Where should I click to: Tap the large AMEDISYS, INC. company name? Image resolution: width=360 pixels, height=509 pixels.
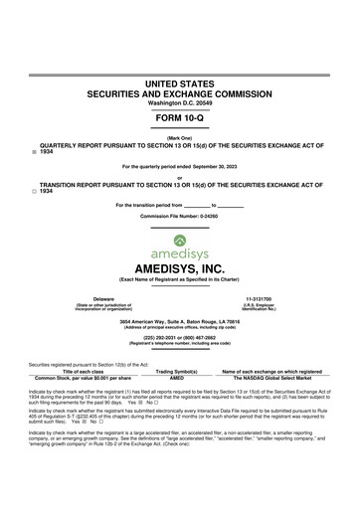pos(180,268)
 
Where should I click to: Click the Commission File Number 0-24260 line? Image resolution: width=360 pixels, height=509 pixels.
pos(180,215)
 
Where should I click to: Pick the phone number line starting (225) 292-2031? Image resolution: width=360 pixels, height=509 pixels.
pos(180,337)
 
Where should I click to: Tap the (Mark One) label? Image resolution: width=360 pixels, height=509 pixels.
pos(180,136)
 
